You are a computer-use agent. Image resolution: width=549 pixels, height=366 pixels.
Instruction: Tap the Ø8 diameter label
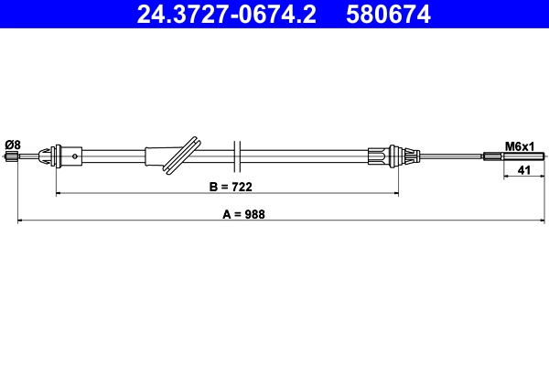(13, 144)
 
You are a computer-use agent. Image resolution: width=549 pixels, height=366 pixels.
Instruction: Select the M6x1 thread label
(521, 145)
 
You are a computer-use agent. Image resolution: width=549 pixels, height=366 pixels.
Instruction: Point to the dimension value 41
(523, 170)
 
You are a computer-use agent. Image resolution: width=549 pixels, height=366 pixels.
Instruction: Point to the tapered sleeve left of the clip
(160, 156)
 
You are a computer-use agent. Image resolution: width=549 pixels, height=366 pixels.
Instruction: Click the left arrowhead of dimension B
(59, 194)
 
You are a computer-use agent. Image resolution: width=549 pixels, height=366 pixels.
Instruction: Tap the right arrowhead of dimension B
(395, 194)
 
